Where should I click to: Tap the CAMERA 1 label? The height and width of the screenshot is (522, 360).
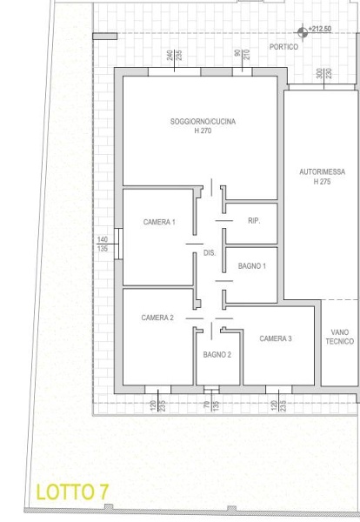tap(159, 222)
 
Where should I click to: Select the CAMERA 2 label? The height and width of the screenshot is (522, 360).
tap(157, 318)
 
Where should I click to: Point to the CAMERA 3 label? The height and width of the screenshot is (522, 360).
tap(276, 338)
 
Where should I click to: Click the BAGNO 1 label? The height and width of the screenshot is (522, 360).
tap(252, 266)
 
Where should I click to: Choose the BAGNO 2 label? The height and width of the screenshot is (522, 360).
tap(217, 355)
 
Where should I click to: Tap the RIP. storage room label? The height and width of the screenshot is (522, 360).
tap(254, 221)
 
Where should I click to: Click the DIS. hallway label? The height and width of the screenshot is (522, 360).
tap(210, 253)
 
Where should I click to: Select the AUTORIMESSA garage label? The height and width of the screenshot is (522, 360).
tap(322, 172)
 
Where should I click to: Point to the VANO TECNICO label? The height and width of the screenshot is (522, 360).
tap(340, 337)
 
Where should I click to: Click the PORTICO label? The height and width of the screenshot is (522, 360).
tap(283, 47)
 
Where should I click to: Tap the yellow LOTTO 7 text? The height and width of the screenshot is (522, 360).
tap(72, 492)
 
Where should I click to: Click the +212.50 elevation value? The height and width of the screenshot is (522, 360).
tap(319, 29)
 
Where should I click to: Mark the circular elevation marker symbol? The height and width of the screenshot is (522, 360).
tap(303, 33)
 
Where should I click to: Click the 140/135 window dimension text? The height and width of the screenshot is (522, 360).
tap(103, 244)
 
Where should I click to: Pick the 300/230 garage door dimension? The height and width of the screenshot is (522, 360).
tap(324, 73)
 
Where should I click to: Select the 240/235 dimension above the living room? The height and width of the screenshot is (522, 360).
tap(174, 56)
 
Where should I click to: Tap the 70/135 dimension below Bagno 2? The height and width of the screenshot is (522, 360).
tap(211, 405)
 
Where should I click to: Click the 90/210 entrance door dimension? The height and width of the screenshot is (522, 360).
tap(242, 55)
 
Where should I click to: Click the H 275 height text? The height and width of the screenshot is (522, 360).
tap(322, 182)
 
